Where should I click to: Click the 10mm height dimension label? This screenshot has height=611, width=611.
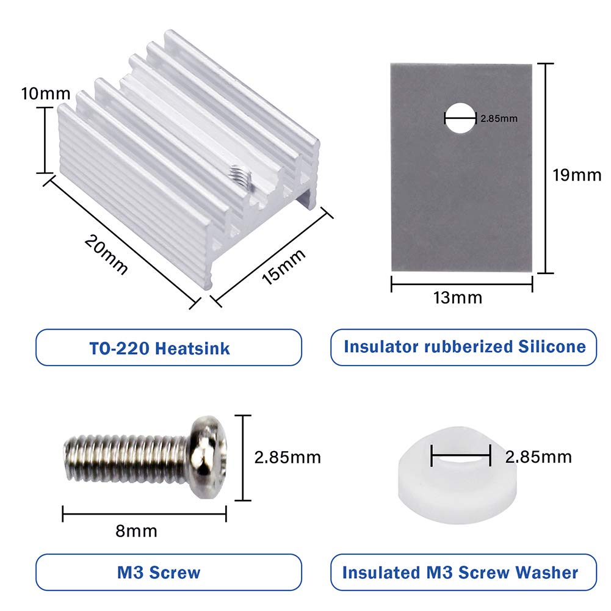point(45,95)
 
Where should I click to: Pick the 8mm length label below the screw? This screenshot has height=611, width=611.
point(136,531)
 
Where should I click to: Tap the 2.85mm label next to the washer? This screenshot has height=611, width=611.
point(538,457)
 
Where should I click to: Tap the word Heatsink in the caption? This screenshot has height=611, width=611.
point(192,349)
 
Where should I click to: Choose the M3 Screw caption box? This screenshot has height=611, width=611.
point(168,573)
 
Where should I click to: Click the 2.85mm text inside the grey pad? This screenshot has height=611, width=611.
point(499,118)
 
